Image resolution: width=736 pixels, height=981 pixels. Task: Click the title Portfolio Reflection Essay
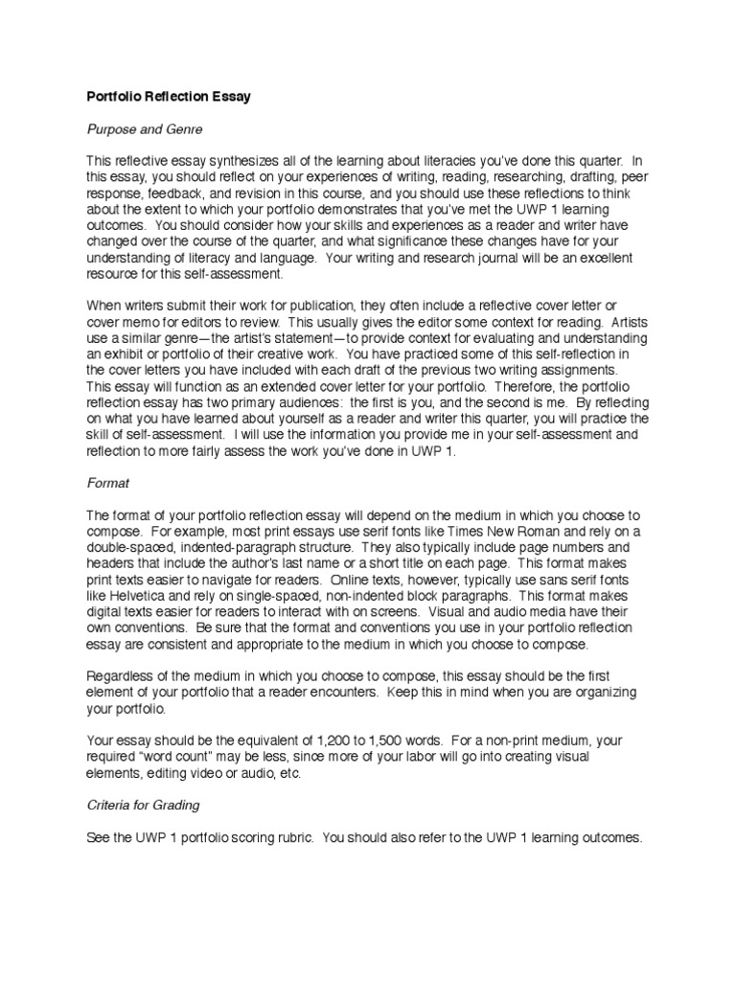tap(170, 97)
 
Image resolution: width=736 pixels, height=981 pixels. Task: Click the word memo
tap(145, 320)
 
